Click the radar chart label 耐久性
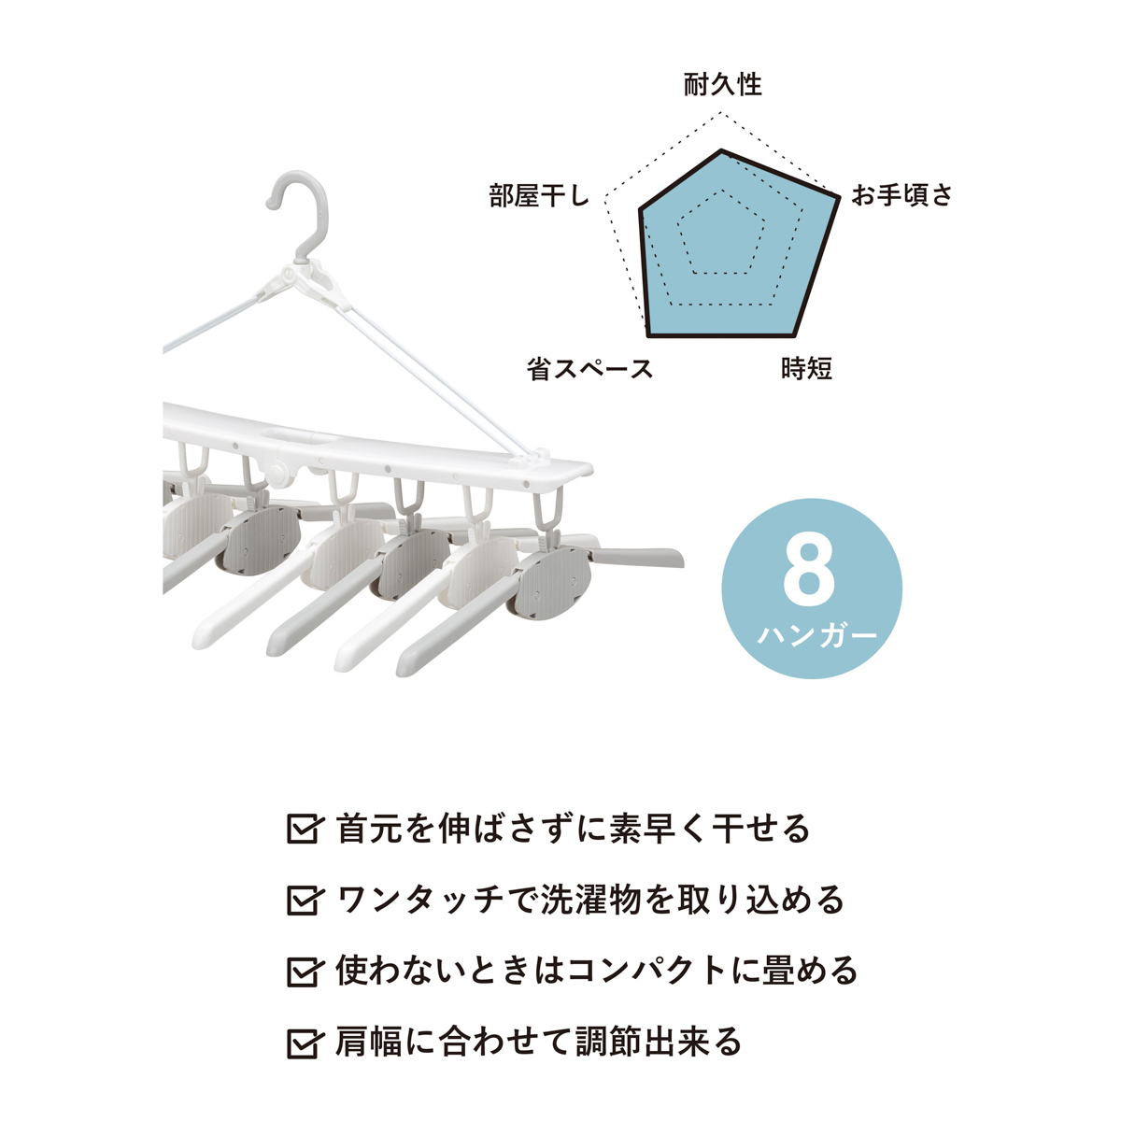(722, 85)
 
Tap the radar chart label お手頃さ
(901, 195)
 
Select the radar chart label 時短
(806, 368)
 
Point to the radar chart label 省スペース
(589, 369)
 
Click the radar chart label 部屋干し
(539, 195)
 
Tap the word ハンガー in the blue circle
(816, 634)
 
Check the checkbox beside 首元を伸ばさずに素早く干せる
(303, 829)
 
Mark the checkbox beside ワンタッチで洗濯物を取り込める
(303, 900)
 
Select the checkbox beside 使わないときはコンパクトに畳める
(303, 971)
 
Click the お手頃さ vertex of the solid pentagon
(838, 196)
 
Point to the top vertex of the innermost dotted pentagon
(722, 191)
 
